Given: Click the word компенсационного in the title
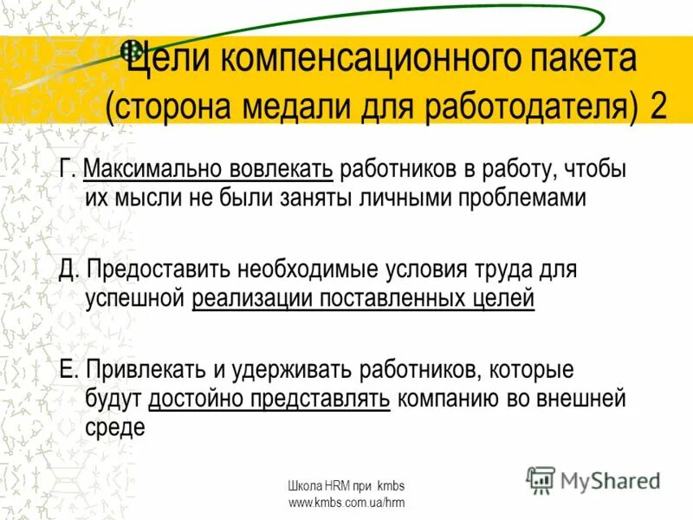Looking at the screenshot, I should click(x=365, y=60).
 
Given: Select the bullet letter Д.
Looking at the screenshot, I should click(x=68, y=270).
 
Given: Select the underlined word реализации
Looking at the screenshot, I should click(x=252, y=299).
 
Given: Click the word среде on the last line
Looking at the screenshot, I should click(x=115, y=428).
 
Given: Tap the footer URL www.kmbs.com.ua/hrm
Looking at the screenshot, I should click(x=346, y=503).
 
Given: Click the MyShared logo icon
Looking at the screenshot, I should click(x=541, y=479).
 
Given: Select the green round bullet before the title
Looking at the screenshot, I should click(x=132, y=49).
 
